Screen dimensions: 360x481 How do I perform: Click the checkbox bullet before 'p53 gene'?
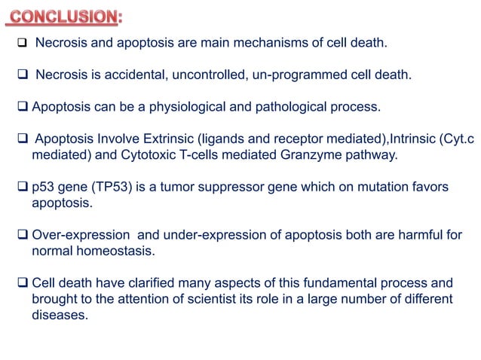23,188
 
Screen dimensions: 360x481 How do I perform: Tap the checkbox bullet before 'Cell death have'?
23,283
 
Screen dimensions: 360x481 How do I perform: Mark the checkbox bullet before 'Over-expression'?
23,235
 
